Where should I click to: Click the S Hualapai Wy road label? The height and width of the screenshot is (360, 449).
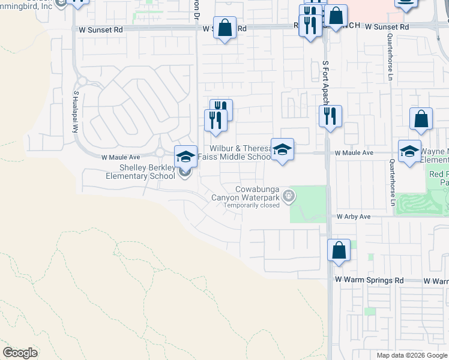click(76, 112)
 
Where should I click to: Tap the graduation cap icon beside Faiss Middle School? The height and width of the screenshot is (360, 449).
click(282, 149)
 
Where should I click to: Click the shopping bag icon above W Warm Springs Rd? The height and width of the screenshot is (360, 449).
click(339, 250)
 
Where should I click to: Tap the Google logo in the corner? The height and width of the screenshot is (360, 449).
click(20, 353)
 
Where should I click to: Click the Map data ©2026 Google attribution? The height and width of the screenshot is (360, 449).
click(412, 355)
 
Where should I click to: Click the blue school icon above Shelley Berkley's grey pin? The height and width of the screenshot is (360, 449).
click(185, 156)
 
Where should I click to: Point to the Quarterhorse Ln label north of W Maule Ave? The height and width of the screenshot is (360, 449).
click(390, 57)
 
